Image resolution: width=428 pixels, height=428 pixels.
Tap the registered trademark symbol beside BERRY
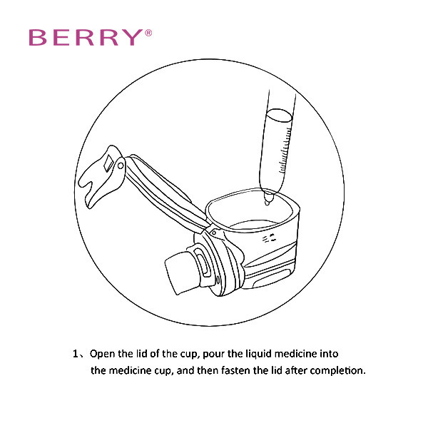(x=148, y=33)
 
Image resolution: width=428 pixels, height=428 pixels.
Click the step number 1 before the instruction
(x=76, y=354)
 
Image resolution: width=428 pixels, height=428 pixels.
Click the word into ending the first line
(x=329, y=354)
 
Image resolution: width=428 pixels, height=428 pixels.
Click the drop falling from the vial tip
(x=267, y=203)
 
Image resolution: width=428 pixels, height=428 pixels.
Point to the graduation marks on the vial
(x=285, y=150)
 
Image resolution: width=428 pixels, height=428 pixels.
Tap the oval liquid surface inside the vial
(x=279, y=115)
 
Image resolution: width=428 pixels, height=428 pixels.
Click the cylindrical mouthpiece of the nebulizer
(x=180, y=272)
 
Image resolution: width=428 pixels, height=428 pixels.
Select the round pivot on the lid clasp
(x=121, y=165)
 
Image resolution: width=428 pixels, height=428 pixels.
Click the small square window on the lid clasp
(x=108, y=163)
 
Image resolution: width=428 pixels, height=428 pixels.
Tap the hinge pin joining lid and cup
(x=214, y=233)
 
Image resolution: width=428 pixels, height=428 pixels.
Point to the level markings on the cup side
(x=269, y=238)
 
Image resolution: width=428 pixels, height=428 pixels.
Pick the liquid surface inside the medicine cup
(x=254, y=225)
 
